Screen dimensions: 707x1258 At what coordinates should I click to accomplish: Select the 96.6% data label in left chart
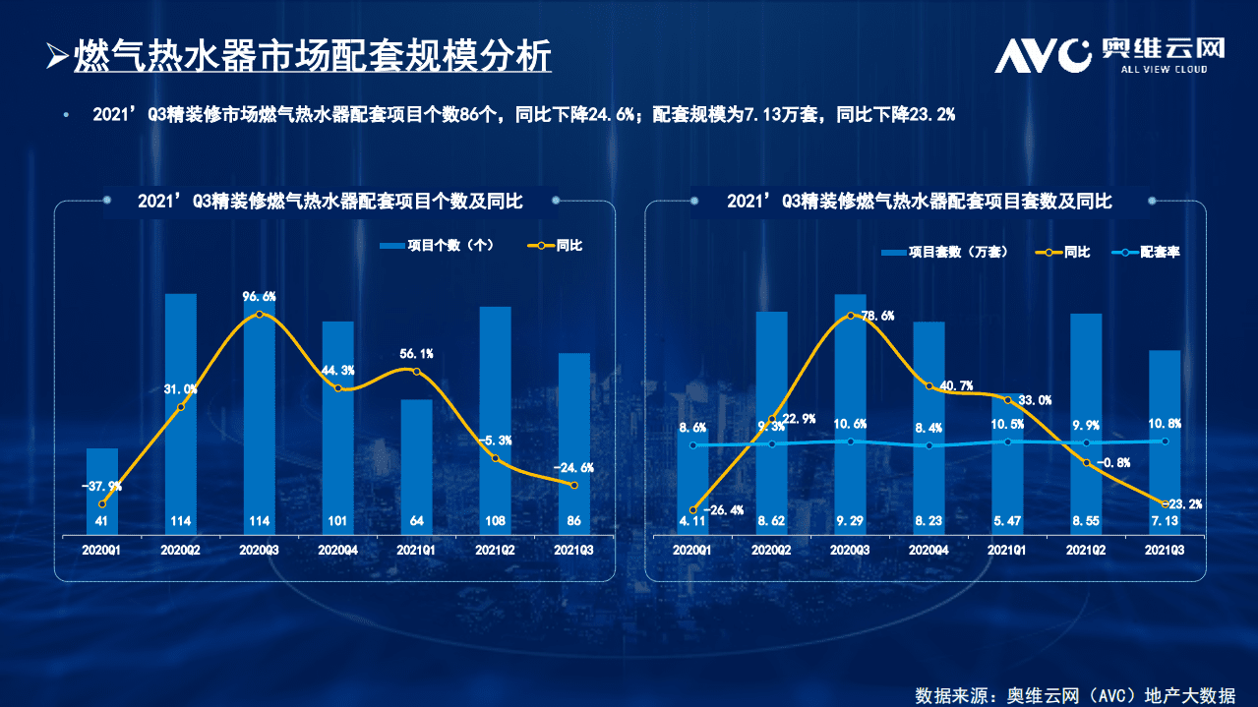point(260,296)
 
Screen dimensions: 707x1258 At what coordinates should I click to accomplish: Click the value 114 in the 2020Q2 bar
point(180,521)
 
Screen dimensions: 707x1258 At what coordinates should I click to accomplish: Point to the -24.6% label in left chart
point(573,467)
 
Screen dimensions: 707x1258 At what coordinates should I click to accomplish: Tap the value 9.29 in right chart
point(850,521)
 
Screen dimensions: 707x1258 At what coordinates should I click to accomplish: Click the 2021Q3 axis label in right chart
point(1165,552)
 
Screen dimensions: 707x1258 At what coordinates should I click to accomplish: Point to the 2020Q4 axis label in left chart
point(337,552)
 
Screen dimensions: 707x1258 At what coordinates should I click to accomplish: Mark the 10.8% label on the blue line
point(1165,423)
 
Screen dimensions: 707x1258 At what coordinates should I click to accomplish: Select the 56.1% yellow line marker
point(416,372)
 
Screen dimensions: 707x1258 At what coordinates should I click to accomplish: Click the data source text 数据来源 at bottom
point(1074,694)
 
